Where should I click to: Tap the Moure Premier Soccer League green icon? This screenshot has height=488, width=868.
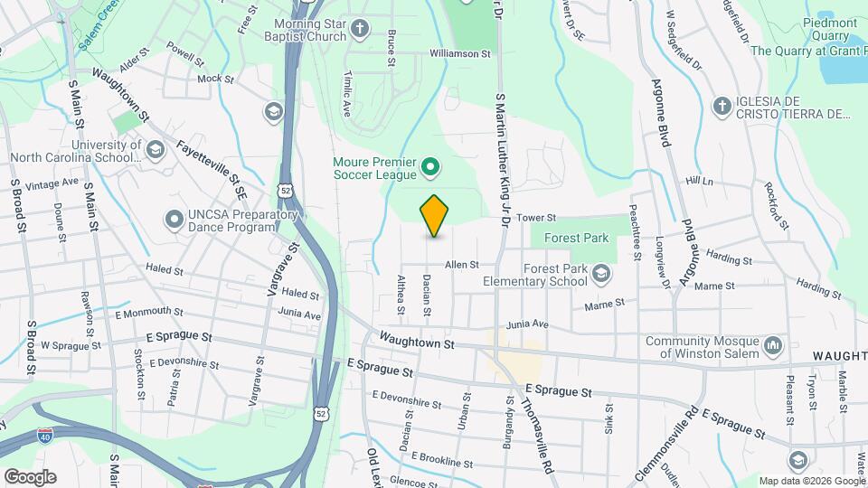[x=431, y=166]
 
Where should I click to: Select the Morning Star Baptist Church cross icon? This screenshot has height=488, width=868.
[x=359, y=29]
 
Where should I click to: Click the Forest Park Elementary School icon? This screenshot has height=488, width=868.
[x=600, y=273]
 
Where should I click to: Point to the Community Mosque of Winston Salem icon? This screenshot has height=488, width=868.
[x=773, y=346]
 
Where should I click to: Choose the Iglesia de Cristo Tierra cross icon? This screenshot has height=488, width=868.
[x=722, y=108]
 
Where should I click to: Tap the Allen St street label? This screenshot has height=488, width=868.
[x=460, y=265]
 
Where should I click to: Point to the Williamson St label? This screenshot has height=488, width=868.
[x=460, y=54]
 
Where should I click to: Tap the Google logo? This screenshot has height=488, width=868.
[x=29, y=476]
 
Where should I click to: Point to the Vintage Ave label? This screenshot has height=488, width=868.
[x=52, y=183]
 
